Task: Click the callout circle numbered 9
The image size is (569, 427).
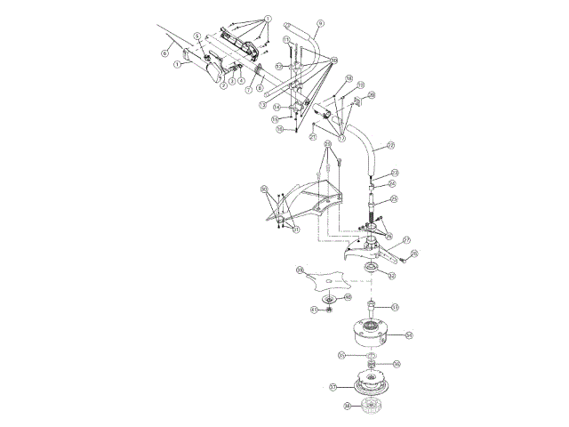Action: click(x=320, y=22)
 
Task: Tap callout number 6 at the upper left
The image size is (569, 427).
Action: click(x=164, y=52)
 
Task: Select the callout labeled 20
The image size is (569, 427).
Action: click(x=372, y=95)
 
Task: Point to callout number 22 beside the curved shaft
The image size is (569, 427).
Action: click(x=390, y=146)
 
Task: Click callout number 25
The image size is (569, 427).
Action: click(x=394, y=199)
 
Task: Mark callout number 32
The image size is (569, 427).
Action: click(x=392, y=276)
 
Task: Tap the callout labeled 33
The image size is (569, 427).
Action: click(x=395, y=307)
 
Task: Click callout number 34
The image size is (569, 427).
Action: click(x=409, y=334)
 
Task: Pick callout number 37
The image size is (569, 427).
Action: click(x=333, y=387)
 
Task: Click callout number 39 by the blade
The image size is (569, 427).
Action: click(x=300, y=270)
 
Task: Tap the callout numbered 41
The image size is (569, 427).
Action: click(x=314, y=309)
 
